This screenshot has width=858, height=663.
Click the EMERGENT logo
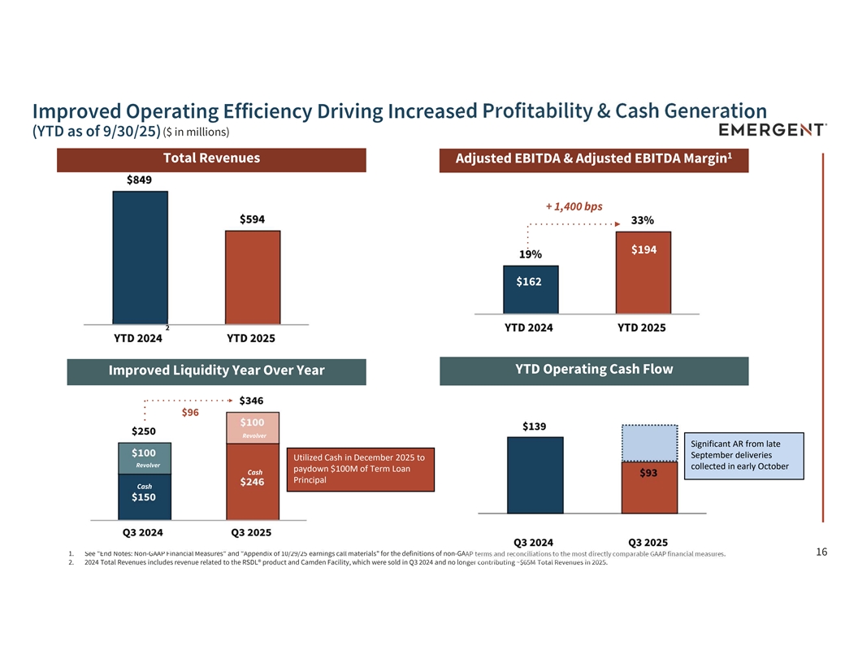coord(773,130)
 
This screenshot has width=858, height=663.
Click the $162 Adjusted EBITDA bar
coord(531,289)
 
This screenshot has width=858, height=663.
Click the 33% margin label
coord(643,220)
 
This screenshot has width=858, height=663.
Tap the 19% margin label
coord(531,254)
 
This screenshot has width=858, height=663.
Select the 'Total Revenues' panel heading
coord(211,158)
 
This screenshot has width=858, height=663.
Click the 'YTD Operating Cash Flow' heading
coord(594,370)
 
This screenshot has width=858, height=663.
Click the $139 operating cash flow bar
coord(535,475)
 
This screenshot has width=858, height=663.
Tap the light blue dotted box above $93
coord(649,443)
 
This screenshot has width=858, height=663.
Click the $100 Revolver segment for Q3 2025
coord(253,427)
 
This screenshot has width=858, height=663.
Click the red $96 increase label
coord(190,413)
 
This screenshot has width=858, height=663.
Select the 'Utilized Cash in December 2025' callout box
coord(361,469)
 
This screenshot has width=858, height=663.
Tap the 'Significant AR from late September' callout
coord(744,455)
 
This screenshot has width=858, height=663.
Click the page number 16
coord(821,552)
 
